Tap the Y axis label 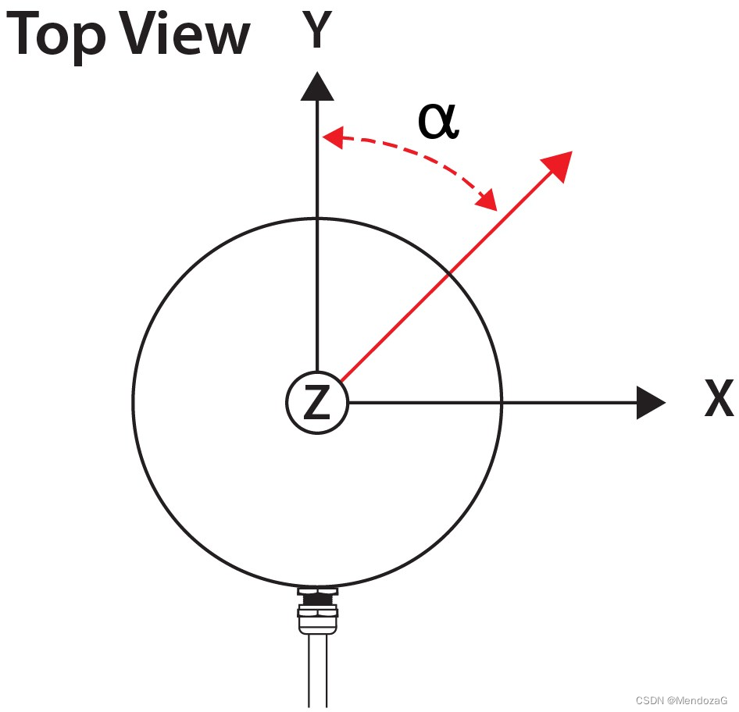coord(316,31)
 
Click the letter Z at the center coord(316,403)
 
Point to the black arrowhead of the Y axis coord(317,87)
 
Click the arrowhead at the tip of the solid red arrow coord(558,165)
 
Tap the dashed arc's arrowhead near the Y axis coord(334,139)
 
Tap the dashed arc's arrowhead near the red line coord(487,200)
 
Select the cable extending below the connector coord(317,671)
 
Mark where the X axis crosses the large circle coord(501,402)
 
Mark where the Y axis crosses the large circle coord(317,218)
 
